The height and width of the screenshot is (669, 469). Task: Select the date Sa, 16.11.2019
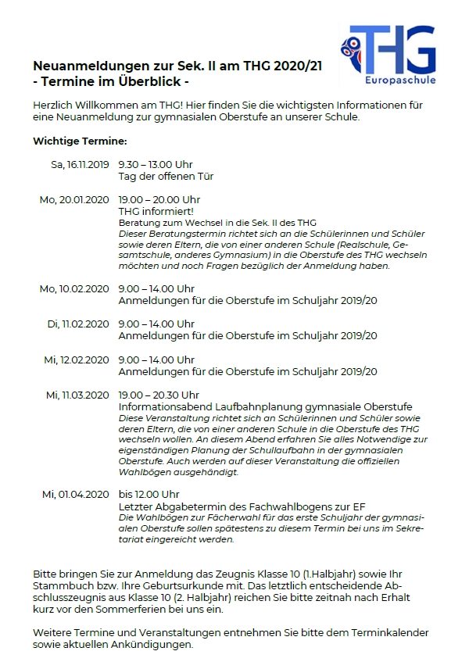pos(80,165)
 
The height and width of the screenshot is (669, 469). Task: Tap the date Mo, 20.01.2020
pos(74,200)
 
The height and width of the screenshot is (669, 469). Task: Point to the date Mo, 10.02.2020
pos(74,289)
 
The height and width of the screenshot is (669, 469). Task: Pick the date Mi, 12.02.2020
pos(77,360)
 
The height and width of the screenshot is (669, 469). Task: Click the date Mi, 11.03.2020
pos(78,395)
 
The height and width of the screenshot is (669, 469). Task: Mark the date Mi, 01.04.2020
pos(76,494)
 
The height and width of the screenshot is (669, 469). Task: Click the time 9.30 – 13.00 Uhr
pos(156,165)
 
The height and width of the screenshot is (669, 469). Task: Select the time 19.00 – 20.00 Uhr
pos(159,200)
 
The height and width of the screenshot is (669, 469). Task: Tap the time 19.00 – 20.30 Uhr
pos(159,395)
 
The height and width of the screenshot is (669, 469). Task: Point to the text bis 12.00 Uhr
pos(149,494)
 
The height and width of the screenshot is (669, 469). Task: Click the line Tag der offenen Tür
pos(166,177)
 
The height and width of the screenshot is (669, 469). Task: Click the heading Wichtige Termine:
pos(80,141)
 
